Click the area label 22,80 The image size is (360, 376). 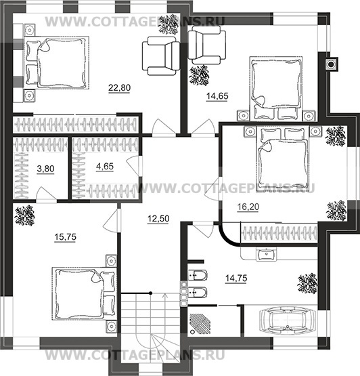pos(119,88)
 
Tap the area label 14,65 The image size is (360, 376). pos(217,96)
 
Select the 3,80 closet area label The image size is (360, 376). pos(45,169)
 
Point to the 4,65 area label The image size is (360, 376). pos(105,167)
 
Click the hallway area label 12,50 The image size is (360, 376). pos(158,219)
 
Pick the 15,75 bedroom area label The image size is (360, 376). pos(66,237)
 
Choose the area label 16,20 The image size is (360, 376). pos(248,207)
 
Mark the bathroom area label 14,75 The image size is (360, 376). pos(236,278)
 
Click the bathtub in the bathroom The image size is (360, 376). pos(288,321)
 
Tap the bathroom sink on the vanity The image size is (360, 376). pos(266,254)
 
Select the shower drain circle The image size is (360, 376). pos(192,332)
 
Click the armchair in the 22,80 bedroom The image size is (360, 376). pos(161,56)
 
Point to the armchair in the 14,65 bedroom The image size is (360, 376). pos(207,45)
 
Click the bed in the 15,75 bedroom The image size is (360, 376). pos(85,294)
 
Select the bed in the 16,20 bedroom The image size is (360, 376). pos(283,159)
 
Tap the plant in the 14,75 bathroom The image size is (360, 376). pos(307,283)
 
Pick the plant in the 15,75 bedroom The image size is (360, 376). pos(24,215)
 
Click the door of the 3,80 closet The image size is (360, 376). pos(47,193)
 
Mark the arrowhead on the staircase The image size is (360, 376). pos(165,295)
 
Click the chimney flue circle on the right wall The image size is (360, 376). pos(331,64)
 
